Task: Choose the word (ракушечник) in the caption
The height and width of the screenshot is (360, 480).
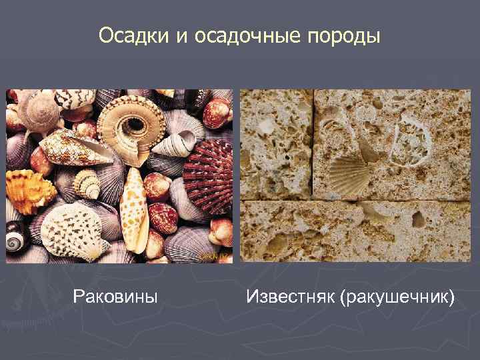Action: coord(397,295)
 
